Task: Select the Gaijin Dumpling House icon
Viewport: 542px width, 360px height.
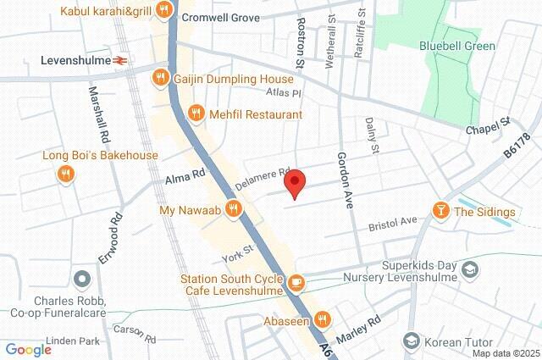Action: tap(159, 79)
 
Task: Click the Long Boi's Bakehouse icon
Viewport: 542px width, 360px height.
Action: tap(64, 174)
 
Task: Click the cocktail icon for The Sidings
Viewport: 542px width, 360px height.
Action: tap(441, 211)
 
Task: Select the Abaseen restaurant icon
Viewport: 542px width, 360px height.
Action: tap(321, 319)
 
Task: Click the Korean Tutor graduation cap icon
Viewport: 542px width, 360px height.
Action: tap(412, 341)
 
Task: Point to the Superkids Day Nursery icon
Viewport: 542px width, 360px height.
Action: tap(470, 269)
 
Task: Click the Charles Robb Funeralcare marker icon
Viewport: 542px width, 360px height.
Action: tap(82, 279)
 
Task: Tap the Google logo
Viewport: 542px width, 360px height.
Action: tap(29, 349)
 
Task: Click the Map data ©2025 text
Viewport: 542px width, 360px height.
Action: tap(505, 353)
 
